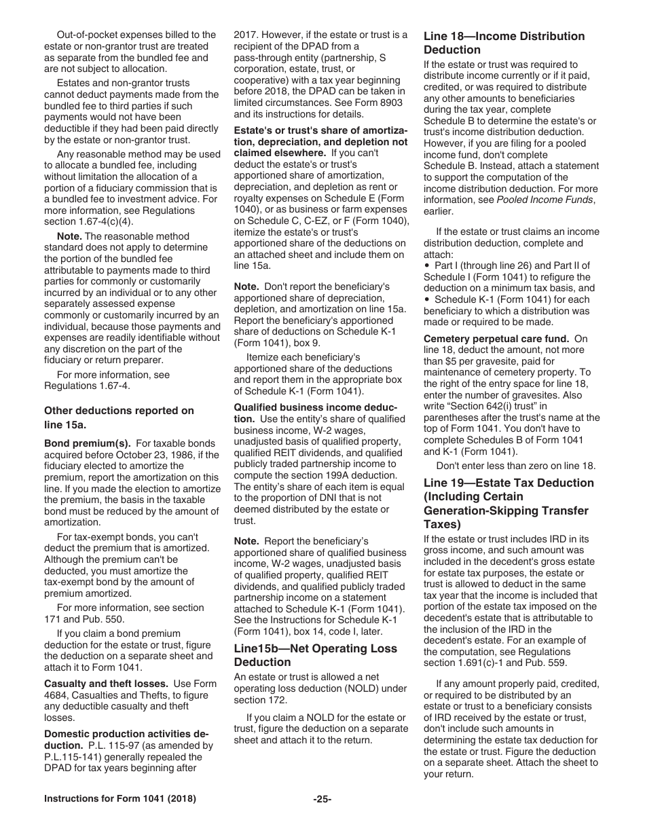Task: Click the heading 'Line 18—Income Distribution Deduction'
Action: click(504, 43)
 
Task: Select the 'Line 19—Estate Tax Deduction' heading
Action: click(509, 503)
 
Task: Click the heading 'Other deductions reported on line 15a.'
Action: click(119, 417)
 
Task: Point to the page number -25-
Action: click(322, 799)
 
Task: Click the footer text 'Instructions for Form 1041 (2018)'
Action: click(120, 799)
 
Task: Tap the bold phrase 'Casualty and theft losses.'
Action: click(107, 684)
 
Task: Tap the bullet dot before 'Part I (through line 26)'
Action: click(427, 265)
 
